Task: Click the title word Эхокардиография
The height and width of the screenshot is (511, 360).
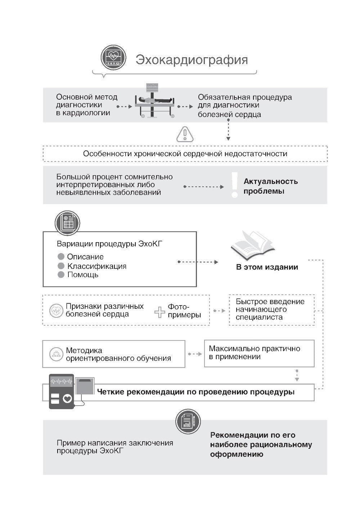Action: [192, 60]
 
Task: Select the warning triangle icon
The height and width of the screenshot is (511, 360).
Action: [185, 134]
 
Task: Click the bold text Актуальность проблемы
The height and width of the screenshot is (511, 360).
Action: [270, 186]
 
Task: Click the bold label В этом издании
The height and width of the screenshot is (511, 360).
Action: [267, 267]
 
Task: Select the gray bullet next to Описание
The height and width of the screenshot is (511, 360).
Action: [61, 257]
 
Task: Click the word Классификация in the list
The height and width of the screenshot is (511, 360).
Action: [97, 266]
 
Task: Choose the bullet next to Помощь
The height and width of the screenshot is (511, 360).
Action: [61, 275]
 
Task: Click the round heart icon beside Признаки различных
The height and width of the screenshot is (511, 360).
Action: [56, 310]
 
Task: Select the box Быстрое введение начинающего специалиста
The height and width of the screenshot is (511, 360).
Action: [271, 309]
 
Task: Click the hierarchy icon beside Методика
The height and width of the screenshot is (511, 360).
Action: [56, 354]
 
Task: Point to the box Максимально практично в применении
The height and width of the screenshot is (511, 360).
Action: [259, 353]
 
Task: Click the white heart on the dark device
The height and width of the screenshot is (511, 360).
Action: [67, 399]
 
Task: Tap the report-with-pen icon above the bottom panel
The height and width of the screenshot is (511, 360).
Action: [188, 421]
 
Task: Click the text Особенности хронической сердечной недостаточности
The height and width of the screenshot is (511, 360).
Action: [185, 154]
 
